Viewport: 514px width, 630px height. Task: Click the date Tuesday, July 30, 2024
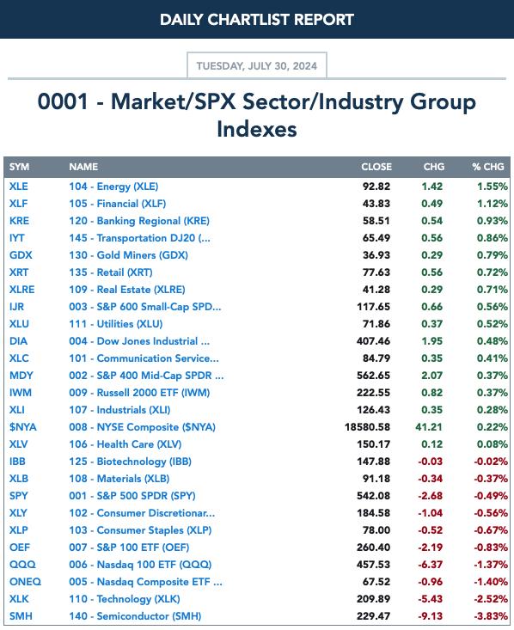tap(256, 65)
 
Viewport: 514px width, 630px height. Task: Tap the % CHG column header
tap(488, 167)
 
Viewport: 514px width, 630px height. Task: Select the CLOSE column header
tap(376, 167)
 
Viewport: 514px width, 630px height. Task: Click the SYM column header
tap(19, 167)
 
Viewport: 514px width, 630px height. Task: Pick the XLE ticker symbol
tap(19, 187)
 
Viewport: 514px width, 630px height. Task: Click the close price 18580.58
tap(367, 427)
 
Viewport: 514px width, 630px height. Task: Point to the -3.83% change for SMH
tap(491, 616)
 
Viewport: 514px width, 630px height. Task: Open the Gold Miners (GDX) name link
tap(128, 255)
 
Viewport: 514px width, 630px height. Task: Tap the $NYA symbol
tap(23, 427)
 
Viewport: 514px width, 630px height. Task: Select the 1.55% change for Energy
tap(493, 187)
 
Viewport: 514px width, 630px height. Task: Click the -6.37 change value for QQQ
tap(430, 565)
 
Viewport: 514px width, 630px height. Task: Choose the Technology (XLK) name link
tap(124, 599)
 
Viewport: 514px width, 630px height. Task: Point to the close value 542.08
tap(373, 496)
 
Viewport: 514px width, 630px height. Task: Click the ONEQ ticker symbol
tap(25, 582)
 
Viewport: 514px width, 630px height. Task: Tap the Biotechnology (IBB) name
tap(130, 462)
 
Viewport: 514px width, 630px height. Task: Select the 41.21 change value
tap(429, 427)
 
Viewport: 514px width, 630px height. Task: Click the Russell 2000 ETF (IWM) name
tap(139, 393)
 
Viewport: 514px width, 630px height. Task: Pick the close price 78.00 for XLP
tap(376, 530)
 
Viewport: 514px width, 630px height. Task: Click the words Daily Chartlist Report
tap(257, 20)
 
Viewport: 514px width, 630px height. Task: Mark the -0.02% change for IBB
tap(491, 462)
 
